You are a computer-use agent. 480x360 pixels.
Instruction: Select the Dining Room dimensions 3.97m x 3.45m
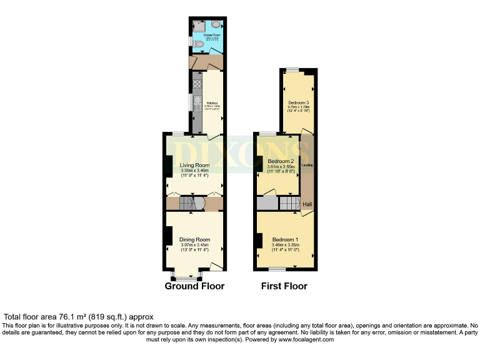click(x=194, y=245)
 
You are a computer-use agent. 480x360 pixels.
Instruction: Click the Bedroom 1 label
click(x=285, y=240)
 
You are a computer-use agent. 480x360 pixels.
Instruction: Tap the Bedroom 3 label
click(x=298, y=102)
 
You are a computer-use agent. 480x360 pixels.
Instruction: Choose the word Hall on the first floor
click(x=307, y=204)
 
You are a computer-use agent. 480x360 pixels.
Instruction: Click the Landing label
click(x=307, y=165)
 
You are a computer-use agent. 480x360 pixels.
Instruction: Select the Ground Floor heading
click(x=194, y=286)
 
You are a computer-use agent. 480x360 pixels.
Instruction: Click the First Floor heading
click(x=285, y=286)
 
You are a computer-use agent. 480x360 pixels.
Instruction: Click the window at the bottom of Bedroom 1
click(x=277, y=269)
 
